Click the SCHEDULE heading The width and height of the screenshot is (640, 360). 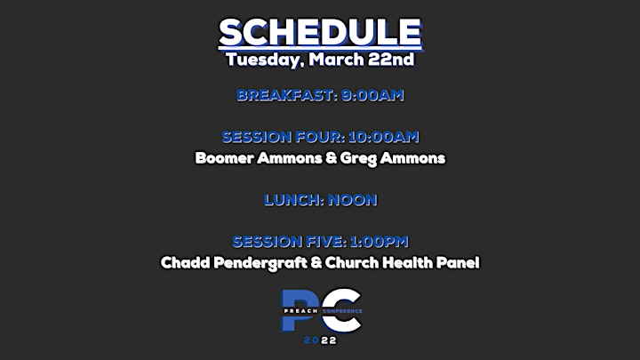320,33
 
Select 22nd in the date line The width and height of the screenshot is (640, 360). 391,60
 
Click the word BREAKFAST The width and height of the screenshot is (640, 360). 286,95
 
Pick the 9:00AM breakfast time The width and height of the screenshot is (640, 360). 372,95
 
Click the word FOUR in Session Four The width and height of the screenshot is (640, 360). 319,137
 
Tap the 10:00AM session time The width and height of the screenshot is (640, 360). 384,137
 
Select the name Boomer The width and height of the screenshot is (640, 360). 224,158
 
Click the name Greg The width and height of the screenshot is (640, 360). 358,159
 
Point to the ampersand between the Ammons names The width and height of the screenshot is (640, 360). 331,158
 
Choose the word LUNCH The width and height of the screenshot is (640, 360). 293,200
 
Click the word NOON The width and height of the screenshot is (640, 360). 353,200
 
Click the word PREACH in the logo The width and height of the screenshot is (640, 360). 300,311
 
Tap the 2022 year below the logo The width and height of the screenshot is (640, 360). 320,340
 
